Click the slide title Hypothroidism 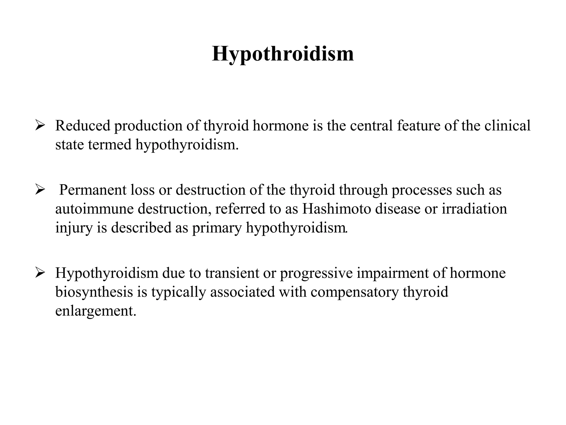(x=283, y=54)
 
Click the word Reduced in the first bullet (x=83, y=126)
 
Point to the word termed (x=110, y=144)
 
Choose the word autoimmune (x=94, y=209)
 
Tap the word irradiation (x=474, y=209)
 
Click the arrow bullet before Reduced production (x=40, y=126)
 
